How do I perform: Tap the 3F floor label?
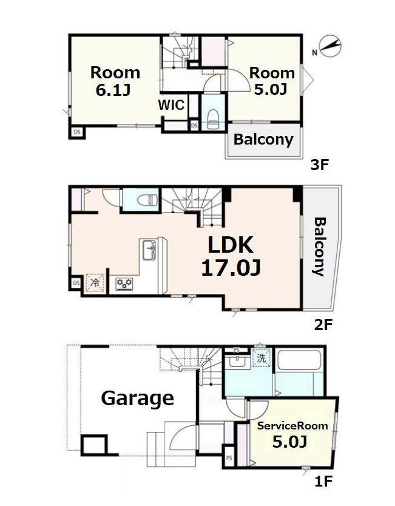(319, 165)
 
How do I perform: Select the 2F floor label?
(323, 324)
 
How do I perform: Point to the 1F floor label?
(323, 482)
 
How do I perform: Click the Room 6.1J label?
(115, 81)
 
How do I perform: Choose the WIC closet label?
(171, 105)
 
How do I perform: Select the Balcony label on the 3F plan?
(263, 140)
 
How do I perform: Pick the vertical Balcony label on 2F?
(320, 247)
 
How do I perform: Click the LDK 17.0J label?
(231, 256)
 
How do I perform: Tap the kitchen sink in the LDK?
(149, 250)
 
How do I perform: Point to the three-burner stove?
(124, 284)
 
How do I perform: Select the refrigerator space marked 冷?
(95, 283)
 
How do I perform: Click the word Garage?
(138, 399)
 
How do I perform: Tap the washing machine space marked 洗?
(262, 358)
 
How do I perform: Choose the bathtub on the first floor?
(299, 360)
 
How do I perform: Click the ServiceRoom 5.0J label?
(292, 434)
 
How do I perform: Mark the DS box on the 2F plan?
(76, 283)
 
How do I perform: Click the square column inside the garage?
(94, 445)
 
